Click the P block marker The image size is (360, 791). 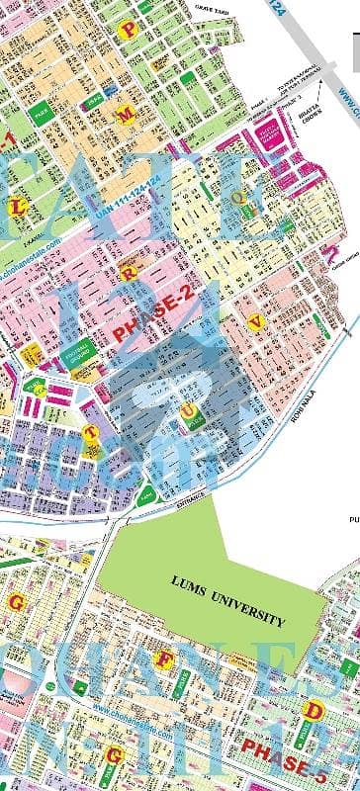pyautogui.click(x=127, y=31)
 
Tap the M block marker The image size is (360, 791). pyautogui.click(x=126, y=115)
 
